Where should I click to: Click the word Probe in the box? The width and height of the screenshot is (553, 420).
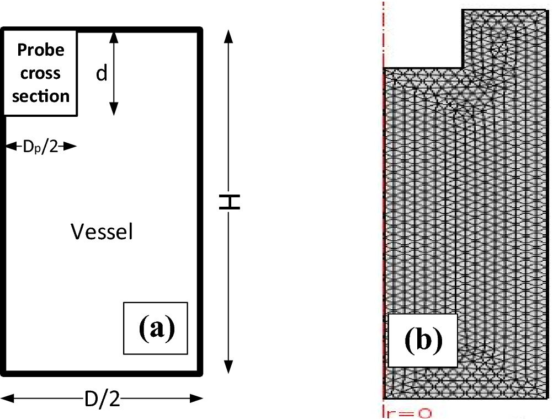click(41, 50)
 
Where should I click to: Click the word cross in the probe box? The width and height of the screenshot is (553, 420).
click(41, 73)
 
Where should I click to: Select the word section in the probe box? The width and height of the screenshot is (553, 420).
click(41, 96)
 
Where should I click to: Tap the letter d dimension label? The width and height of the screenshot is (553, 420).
click(102, 73)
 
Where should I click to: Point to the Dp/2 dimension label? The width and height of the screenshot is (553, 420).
click(40, 147)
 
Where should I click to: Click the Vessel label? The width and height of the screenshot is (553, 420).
click(102, 232)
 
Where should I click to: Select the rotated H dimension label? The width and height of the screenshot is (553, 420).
click(228, 202)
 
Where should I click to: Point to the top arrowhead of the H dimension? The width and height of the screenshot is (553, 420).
click(228, 36)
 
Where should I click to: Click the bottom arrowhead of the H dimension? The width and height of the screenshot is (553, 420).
click(228, 368)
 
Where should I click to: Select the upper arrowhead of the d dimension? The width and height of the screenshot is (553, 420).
click(113, 36)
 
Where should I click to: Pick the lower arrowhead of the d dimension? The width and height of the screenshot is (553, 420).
click(113, 110)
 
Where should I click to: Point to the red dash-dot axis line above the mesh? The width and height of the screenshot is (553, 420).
click(382, 33)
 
